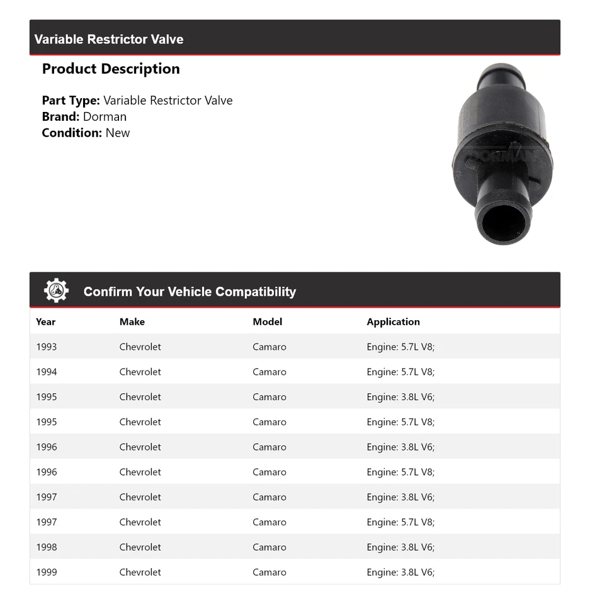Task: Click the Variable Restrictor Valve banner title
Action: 109,39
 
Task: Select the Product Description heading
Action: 111,69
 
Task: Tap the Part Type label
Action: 71,100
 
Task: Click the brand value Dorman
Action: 105,116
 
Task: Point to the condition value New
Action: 118,133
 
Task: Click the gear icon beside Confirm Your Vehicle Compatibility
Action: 56,290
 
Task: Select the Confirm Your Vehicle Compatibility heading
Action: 190,291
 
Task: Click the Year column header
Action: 45,322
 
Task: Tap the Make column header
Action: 132,322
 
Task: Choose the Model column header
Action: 268,322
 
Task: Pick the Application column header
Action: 393,322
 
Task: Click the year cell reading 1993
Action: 47,347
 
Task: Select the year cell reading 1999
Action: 47,572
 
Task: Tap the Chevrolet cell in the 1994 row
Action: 140,372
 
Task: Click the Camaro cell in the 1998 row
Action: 269,547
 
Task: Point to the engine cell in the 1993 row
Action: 400,347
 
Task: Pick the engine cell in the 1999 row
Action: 400,572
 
